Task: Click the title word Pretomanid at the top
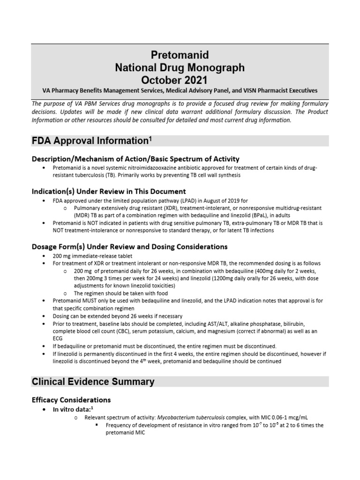tap(180, 55)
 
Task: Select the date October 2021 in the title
tap(180, 80)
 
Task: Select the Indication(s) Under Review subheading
tap(109, 191)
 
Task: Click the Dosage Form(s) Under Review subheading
tap(129, 246)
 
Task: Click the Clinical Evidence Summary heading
tap(93, 382)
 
